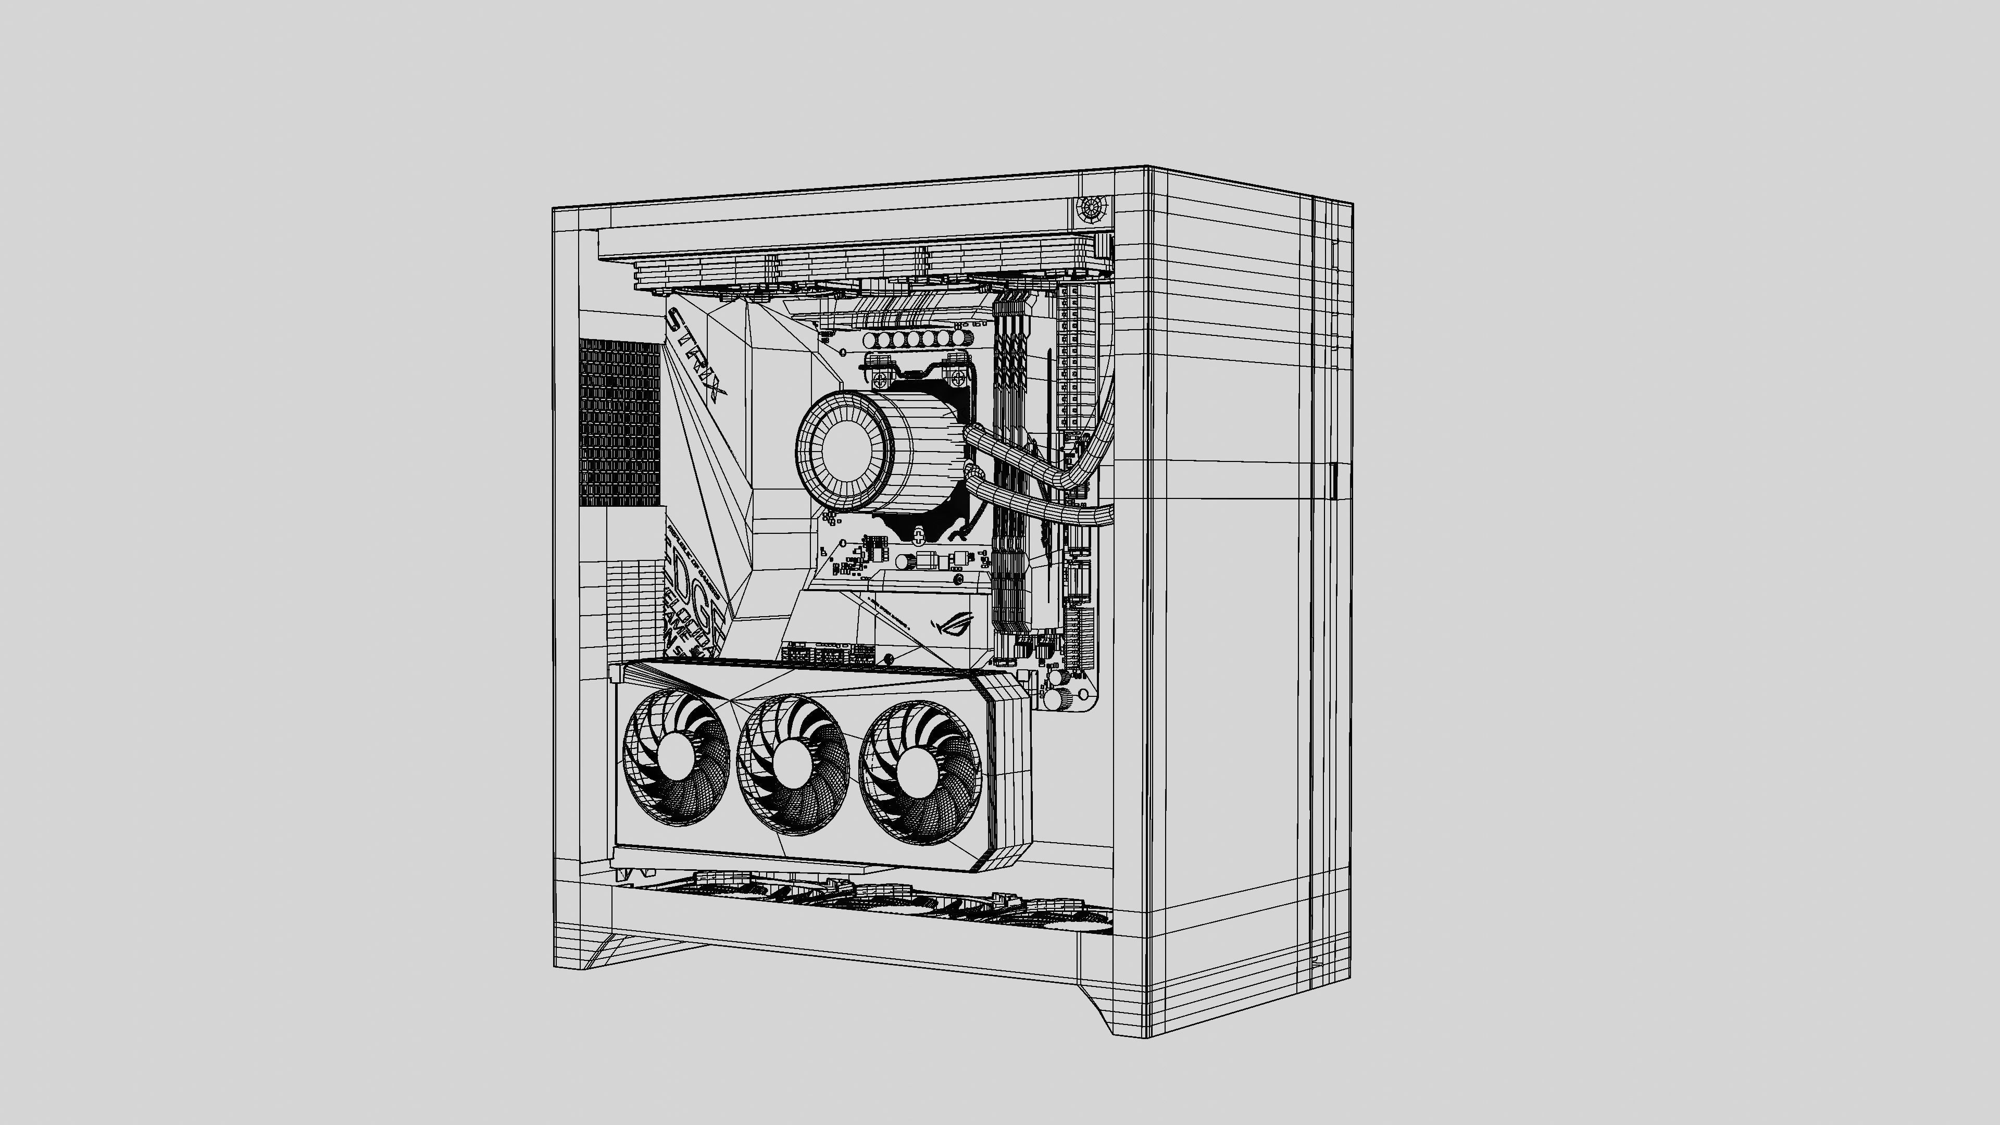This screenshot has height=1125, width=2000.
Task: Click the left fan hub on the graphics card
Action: click(672, 758)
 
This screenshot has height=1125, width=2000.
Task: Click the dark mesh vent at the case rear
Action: click(619, 421)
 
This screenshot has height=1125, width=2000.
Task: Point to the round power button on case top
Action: click(1092, 208)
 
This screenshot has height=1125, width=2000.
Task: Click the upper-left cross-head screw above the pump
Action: click(880, 380)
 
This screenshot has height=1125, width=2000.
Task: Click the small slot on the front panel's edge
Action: click(1334, 481)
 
